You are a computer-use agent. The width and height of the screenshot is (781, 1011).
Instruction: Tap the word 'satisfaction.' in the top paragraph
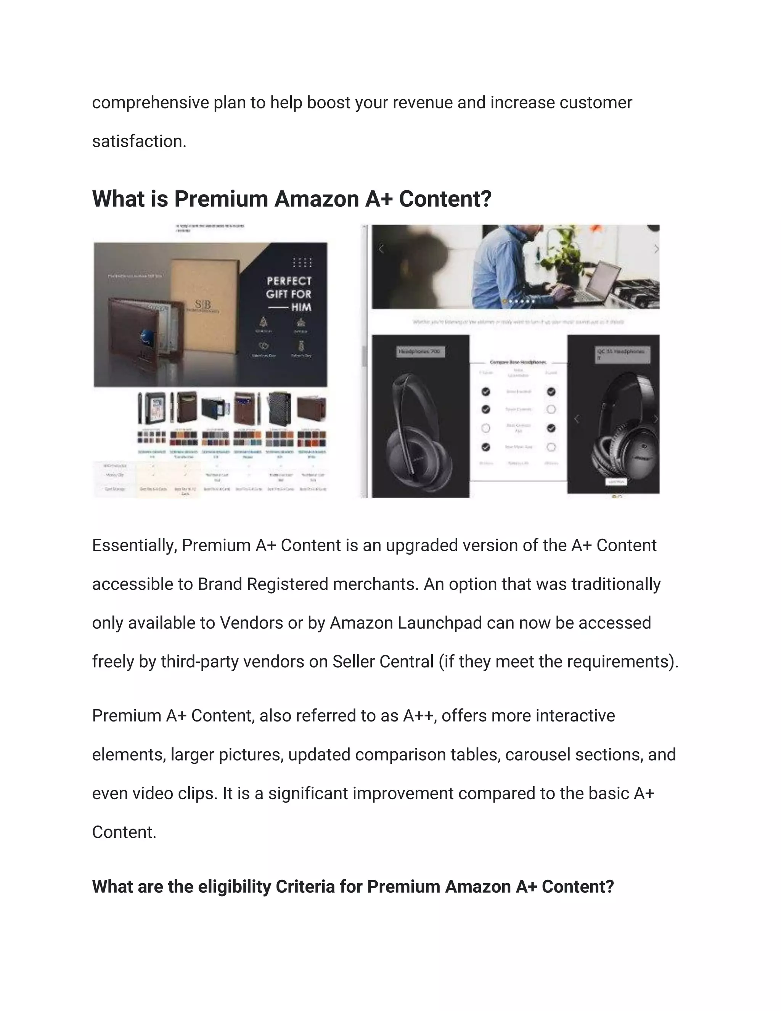tap(139, 141)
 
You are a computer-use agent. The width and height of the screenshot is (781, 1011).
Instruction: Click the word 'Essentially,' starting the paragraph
tap(134, 546)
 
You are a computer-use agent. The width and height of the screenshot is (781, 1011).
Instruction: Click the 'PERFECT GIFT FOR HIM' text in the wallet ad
tap(289, 294)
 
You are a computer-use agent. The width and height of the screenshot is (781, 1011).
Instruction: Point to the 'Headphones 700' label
tap(419, 352)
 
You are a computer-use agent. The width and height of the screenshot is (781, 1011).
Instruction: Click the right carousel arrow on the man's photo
tap(656, 250)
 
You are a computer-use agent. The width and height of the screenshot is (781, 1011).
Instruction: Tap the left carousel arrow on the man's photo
tap(381, 250)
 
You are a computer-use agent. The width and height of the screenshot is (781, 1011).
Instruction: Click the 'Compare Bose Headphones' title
tap(518, 362)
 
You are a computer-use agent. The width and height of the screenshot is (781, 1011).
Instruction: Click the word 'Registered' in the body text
tap(287, 584)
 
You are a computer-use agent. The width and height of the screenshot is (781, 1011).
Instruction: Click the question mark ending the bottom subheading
tap(609, 887)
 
